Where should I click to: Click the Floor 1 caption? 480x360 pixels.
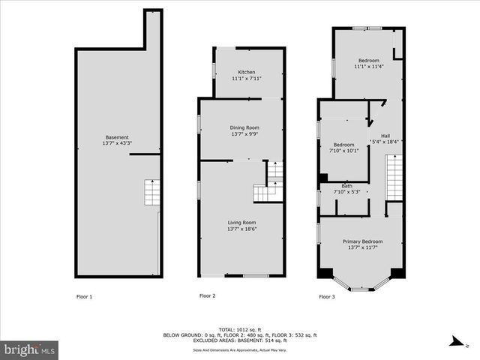click(85, 297)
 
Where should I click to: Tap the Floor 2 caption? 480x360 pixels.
click(207, 296)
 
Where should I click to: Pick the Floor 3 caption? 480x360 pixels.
click(327, 297)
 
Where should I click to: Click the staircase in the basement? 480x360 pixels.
click(152, 193)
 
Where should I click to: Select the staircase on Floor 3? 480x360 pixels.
click(394, 177)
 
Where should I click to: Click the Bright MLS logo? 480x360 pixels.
click(30, 349)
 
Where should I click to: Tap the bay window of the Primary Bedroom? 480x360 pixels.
click(361, 285)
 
